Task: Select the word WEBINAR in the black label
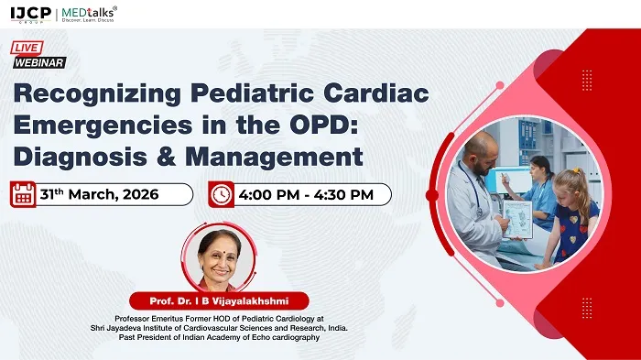(x=39, y=62)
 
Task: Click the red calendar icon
(x=24, y=194)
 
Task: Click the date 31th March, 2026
(x=100, y=194)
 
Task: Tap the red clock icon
(x=221, y=194)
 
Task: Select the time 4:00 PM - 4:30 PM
(x=305, y=194)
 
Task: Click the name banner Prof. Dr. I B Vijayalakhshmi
(x=217, y=300)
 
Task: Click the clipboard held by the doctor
(x=517, y=218)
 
